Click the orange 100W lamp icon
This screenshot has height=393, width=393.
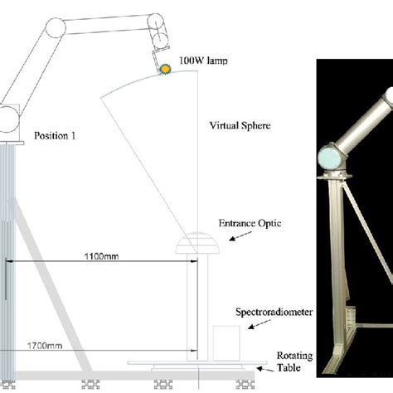[x=165, y=69]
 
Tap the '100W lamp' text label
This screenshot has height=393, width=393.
[x=203, y=61]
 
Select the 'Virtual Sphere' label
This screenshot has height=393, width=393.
[x=240, y=126]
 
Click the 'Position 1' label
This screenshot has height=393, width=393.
[x=55, y=136]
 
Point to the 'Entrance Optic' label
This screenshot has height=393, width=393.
[x=250, y=223]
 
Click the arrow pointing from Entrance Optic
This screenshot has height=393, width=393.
[x=240, y=236]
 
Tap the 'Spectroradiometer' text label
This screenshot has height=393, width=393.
[x=274, y=312]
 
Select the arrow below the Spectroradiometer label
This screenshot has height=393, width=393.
[x=260, y=324]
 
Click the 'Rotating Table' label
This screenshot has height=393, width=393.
[x=294, y=361]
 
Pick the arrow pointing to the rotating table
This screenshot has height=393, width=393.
[x=265, y=369]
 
